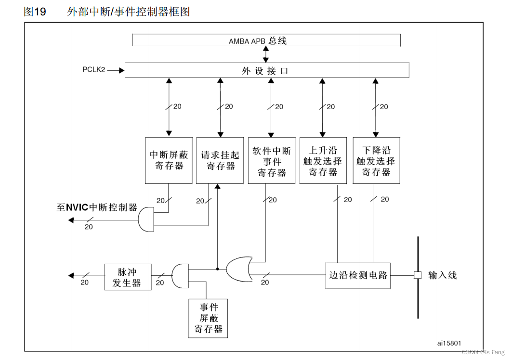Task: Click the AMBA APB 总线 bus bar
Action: click(266, 40)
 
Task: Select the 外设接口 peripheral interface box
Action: click(266, 70)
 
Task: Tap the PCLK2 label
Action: click(94, 70)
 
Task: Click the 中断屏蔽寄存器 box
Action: click(169, 160)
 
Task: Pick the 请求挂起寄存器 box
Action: click(220, 160)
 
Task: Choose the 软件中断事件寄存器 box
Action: click(272, 160)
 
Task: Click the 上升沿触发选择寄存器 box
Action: click(323, 160)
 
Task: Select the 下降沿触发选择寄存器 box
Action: click(376, 160)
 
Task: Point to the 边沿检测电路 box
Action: click(358, 275)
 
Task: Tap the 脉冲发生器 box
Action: click(127, 277)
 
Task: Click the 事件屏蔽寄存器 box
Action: click(209, 318)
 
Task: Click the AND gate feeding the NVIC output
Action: click(145, 220)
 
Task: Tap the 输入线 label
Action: click(442, 275)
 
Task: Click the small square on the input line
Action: click(418, 275)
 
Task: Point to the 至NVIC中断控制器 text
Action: click(97, 208)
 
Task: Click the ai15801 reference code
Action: click(449, 343)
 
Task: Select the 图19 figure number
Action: click(35, 12)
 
